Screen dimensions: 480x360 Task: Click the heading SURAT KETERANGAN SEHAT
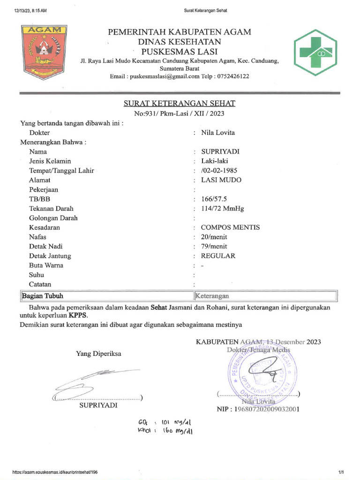[x=180, y=103]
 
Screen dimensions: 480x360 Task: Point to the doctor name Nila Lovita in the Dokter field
[x=218, y=133]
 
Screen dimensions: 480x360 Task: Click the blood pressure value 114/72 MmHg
[x=223, y=209]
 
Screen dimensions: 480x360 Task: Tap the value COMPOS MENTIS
[x=230, y=227]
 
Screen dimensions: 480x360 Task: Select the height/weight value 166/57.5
[x=214, y=199]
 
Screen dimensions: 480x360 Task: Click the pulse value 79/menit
[x=214, y=246]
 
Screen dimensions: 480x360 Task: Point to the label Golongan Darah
[x=53, y=218]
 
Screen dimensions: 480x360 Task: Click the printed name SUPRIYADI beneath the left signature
[x=98, y=405]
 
